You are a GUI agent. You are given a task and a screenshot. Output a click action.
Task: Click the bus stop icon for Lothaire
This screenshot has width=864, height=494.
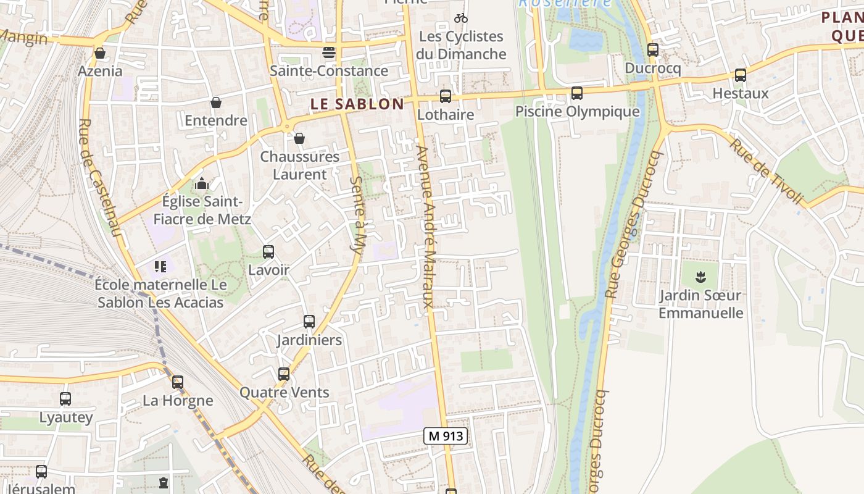[x=445, y=96]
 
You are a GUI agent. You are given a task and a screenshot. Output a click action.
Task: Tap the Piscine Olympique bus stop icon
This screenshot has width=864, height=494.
[x=576, y=93]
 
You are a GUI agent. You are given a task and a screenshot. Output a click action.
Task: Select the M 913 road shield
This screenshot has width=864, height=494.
[x=446, y=436]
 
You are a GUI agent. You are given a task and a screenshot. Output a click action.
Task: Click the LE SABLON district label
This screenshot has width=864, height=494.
[x=357, y=104]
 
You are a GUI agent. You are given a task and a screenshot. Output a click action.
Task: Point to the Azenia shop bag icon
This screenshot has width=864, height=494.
[x=100, y=54]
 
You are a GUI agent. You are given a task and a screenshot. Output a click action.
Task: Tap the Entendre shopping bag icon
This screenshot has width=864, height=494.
[x=216, y=103]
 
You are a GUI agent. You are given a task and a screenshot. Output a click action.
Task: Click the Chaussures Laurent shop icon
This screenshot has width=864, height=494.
[x=299, y=138]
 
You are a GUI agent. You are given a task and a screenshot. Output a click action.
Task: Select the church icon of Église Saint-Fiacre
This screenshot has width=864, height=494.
[x=201, y=183]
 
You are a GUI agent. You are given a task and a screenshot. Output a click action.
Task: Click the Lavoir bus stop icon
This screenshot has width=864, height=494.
[x=268, y=252]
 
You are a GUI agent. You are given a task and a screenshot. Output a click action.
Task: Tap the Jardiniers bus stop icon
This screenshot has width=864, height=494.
[x=309, y=322]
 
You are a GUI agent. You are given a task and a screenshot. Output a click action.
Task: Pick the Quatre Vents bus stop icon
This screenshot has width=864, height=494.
[x=284, y=374]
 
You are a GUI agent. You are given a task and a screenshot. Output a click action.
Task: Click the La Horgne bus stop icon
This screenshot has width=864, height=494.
[x=178, y=382]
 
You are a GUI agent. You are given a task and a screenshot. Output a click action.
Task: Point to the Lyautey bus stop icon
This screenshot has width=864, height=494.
[x=65, y=399]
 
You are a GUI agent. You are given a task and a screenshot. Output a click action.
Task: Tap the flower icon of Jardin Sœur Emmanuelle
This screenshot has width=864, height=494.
[x=700, y=276]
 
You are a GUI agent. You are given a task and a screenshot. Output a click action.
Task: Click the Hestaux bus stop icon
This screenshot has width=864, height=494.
[x=740, y=75]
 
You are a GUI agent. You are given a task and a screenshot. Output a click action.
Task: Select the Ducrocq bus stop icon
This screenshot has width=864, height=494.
[x=653, y=50]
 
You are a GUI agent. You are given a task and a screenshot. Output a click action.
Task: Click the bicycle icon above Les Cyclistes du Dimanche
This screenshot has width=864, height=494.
[x=460, y=18]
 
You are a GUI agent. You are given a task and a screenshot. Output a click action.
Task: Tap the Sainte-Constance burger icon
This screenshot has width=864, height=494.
[x=329, y=52]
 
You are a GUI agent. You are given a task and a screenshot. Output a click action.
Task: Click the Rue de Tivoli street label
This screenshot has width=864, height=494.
[x=768, y=172]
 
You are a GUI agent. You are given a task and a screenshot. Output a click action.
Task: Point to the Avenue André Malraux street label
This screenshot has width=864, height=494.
[x=426, y=227]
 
